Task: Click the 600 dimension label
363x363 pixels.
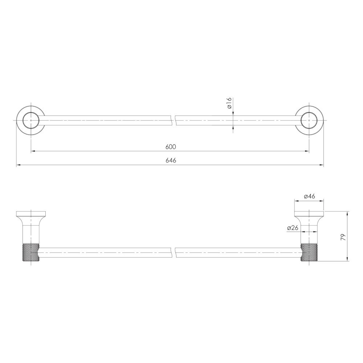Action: [171, 147]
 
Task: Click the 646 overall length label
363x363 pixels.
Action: [171, 160]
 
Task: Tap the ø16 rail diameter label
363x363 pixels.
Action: [229, 103]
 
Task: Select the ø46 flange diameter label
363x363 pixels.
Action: [309, 196]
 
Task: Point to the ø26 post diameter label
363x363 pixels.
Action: [292, 228]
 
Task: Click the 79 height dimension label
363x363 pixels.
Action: [343, 237]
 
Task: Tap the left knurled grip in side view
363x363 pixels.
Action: [31, 252]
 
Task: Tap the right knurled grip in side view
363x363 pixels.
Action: [309, 252]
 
